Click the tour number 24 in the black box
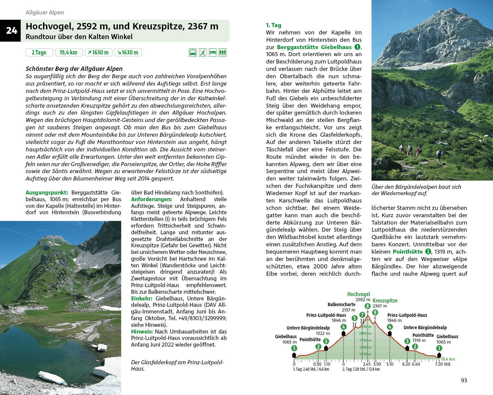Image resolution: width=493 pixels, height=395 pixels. (11, 31)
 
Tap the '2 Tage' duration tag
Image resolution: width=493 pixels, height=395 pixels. (39, 52)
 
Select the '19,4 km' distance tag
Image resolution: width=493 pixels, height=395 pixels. (68, 52)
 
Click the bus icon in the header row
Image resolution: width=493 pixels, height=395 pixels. (193, 52)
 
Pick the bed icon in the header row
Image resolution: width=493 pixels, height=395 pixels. (213, 52)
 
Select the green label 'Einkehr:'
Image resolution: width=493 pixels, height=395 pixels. (142, 298)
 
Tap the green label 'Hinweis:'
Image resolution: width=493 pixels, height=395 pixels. (142, 332)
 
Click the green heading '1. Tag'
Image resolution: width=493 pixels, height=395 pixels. (273, 25)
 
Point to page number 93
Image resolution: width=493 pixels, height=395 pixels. (464, 380)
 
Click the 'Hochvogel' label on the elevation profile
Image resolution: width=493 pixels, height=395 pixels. (358, 294)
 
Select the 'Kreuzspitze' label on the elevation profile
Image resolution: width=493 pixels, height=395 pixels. (385, 300)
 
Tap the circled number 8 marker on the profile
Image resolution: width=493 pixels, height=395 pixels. (367, 306)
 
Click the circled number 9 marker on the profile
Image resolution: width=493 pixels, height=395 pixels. (375, 312)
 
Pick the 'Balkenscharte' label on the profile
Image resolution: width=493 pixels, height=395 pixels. (341, 304)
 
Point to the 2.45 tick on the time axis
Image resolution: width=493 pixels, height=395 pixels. (366, 364)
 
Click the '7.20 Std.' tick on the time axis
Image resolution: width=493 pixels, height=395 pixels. (443, 364)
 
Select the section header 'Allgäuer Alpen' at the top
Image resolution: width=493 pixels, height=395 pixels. (45, 12)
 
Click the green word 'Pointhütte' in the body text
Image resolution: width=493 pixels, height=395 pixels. (408, 252)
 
